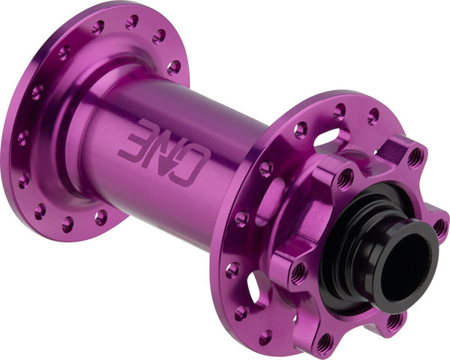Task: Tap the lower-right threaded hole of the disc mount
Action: click(394, 323)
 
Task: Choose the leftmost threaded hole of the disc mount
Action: click(298, 271)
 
